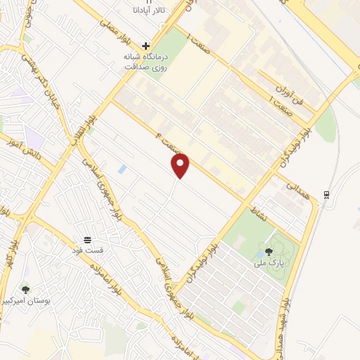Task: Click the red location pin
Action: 181,165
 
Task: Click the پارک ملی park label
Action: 267,264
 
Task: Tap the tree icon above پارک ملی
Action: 268,252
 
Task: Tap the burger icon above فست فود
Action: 88,239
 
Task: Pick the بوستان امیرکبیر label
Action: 27,301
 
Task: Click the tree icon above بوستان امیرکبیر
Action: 26,290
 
